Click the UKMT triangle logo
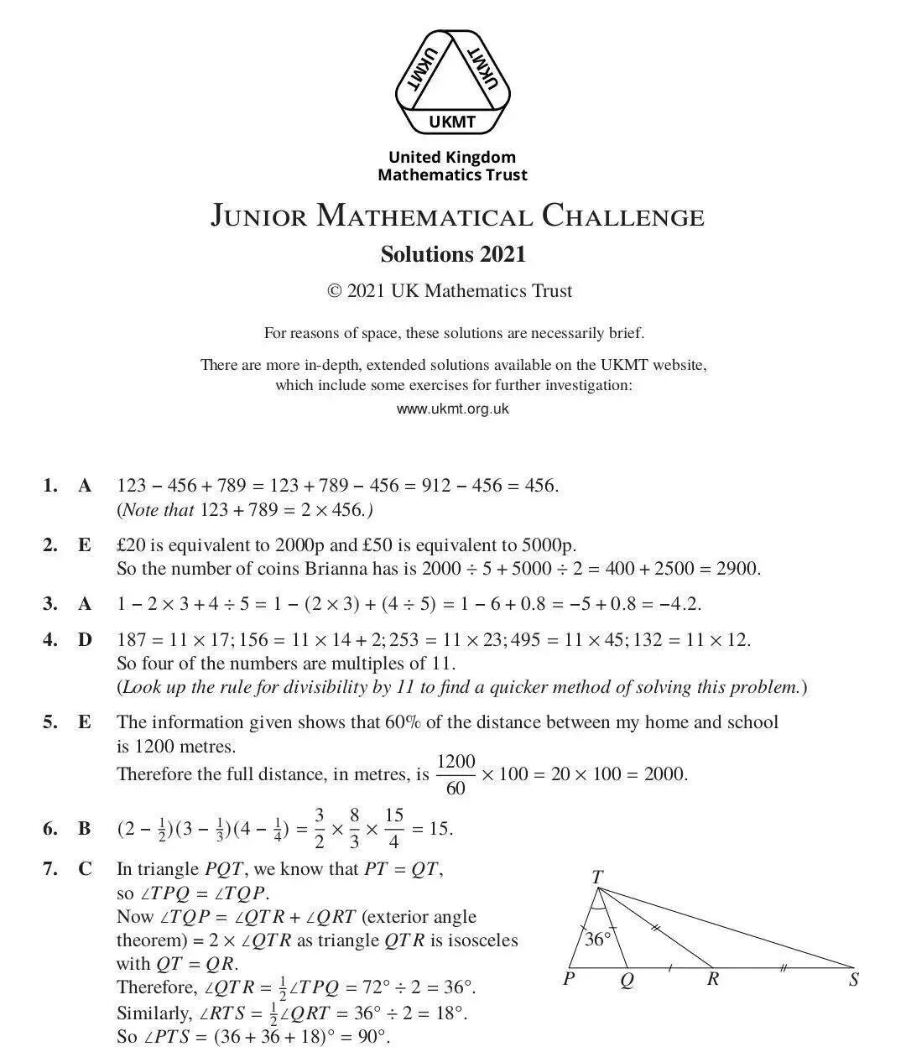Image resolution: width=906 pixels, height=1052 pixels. coord(452,81)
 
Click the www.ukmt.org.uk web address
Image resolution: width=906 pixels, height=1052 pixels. coord(452,409)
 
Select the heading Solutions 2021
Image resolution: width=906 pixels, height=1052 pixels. coord(453,253)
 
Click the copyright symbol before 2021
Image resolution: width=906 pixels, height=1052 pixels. coord(334,291)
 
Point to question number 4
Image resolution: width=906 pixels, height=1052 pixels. coord(50,640)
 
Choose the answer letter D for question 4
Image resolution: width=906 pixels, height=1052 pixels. coord(85,640)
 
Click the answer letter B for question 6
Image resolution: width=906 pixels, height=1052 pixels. coord(85,829)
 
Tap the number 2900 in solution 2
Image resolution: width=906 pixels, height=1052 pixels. coord(738,569)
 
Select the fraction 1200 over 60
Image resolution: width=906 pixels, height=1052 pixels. coord(456,774)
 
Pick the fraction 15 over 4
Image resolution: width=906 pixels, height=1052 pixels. coord(393,828)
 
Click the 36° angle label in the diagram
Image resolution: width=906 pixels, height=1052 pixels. coord(598,939)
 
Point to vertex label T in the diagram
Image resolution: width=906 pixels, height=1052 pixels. coord(596,878)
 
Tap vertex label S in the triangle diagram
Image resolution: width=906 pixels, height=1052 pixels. coord(854,979)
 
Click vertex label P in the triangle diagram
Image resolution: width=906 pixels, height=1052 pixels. coord(569,979)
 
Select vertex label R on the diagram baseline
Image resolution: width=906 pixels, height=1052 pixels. coord(712,979)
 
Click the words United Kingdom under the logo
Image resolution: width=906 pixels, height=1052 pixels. coord(452,157)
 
